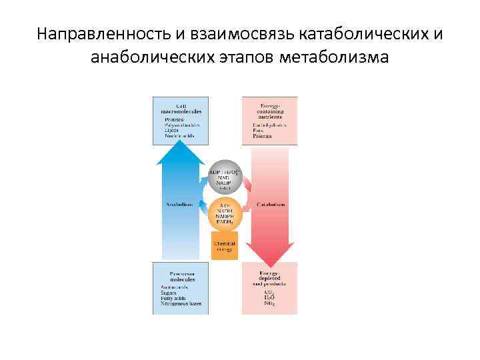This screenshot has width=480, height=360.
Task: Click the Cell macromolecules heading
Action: click(x=181, y=108)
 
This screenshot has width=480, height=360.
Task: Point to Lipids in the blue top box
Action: click(x=171, y=130)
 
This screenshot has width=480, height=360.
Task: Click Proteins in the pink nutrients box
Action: click(x=262, y=136)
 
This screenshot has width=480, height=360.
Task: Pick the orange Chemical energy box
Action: click(x=225, y=246)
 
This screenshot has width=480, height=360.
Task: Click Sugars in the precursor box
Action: click(x=169, y=292)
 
